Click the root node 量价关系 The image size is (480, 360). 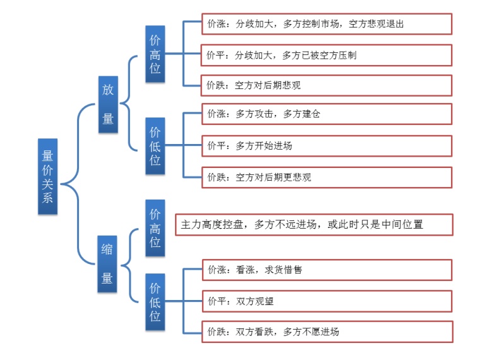47,176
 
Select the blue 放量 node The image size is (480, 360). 108,104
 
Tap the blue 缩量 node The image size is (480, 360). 108,264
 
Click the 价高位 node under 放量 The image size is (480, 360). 155,54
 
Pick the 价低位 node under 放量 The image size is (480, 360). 155,145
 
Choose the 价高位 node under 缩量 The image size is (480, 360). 155,228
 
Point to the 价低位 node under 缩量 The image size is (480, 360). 155,302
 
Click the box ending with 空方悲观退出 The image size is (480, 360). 327,24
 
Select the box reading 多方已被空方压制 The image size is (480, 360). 327,55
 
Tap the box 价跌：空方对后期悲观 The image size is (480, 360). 327,85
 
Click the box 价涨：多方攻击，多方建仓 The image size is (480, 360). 327,114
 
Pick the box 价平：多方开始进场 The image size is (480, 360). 327,145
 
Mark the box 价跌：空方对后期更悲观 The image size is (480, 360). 327,177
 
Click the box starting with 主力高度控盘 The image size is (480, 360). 313,224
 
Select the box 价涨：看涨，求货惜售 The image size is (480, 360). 327,270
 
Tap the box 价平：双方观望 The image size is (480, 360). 327,301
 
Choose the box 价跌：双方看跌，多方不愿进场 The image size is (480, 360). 327,332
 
